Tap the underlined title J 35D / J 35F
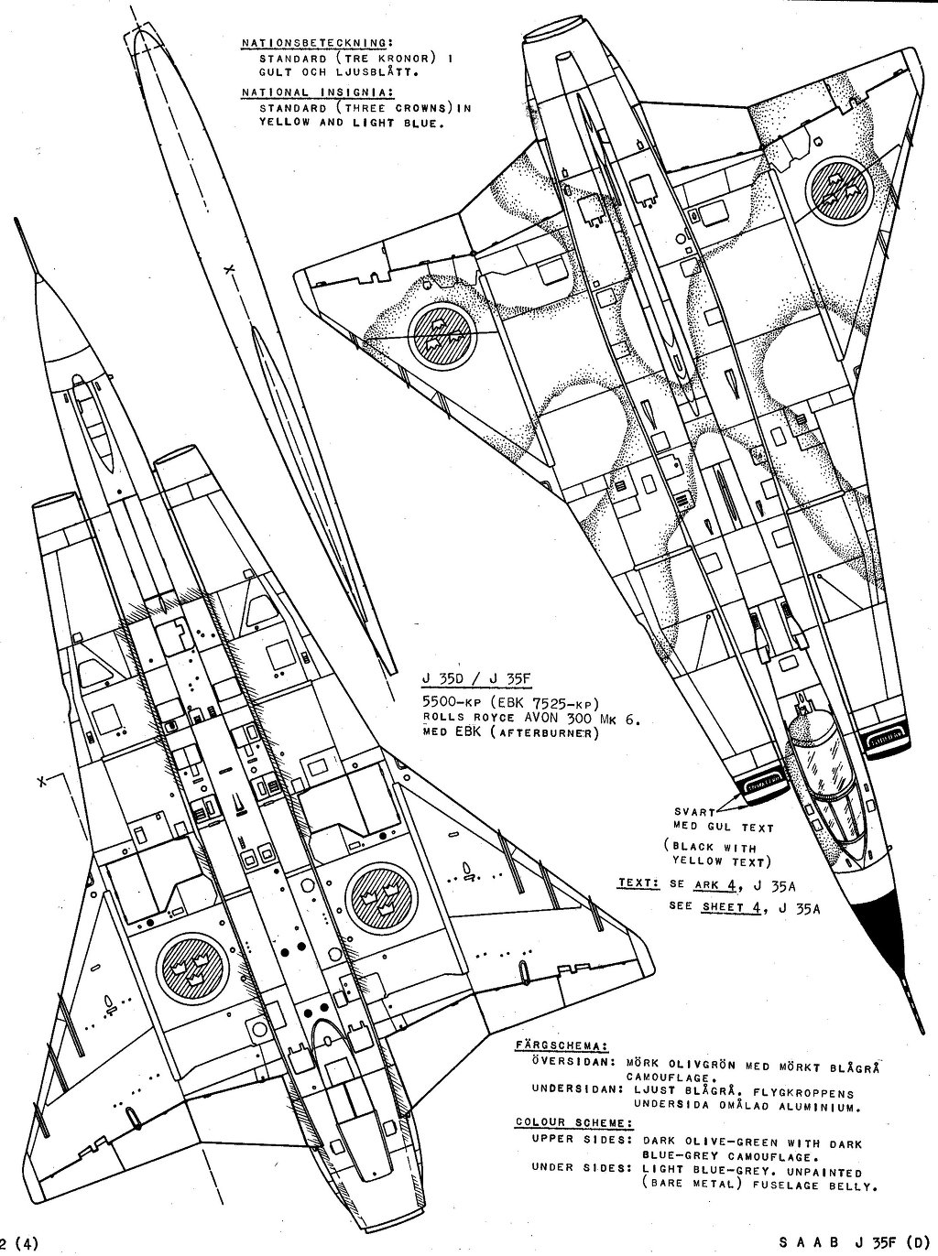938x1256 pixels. tap(474, 678)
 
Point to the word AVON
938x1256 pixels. tap(533, 719)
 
